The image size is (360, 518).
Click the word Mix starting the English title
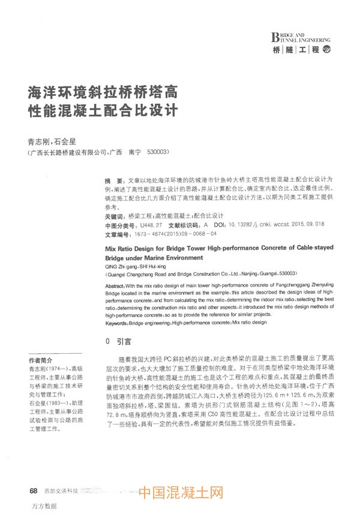(112, 247)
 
